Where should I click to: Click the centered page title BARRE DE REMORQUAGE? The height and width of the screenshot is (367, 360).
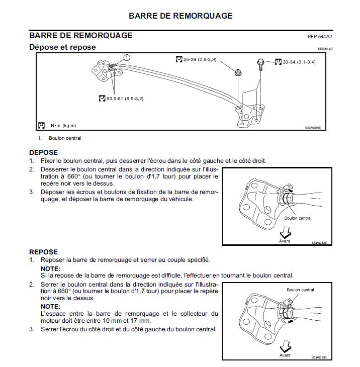click(181, 16)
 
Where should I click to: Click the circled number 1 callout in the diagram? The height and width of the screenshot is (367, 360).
click(127, 58)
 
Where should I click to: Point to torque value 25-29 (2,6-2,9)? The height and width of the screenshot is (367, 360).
click(200, 60)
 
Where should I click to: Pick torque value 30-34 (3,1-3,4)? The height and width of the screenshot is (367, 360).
click(299, 62)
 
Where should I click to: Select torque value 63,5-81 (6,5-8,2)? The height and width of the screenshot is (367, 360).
click(125, 99)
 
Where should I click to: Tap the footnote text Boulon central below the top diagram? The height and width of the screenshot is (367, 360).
click(65, 138)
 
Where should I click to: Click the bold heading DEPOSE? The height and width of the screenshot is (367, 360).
click(44, 152)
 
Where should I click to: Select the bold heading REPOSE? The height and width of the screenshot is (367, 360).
click(44, 252)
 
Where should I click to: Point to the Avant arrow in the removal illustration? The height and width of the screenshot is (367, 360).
click(285, 234)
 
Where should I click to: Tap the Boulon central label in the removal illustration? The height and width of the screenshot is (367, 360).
click(298, 218)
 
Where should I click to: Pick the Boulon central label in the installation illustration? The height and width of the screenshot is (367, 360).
click(300, 290)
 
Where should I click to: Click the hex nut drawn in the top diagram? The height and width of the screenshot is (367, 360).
click(238, 73)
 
